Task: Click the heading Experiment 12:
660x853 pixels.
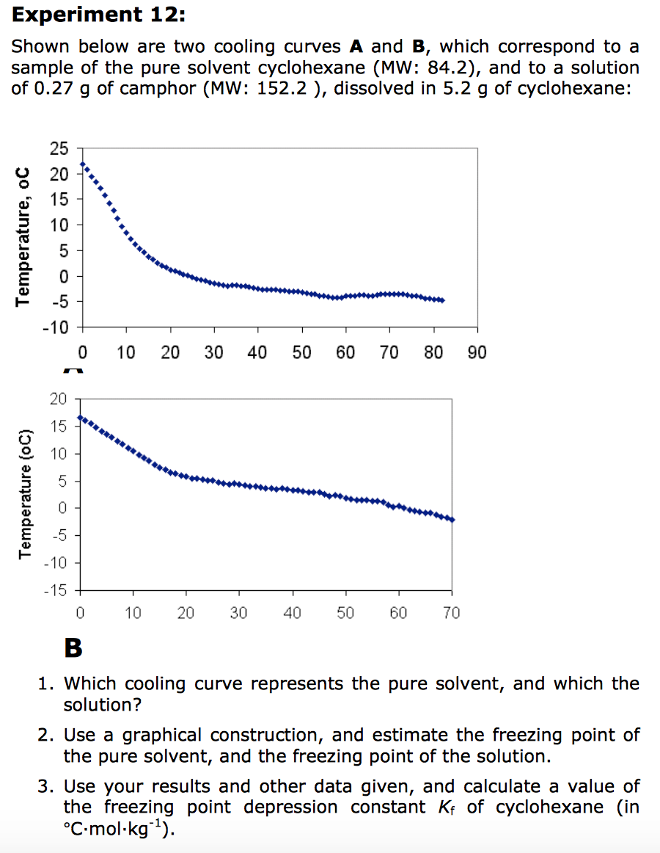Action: pos(78,14)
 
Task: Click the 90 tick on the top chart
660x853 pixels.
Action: pos(477,352)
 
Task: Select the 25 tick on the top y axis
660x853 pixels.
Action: pos(59,150)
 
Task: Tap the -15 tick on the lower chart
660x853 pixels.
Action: pos(58,591)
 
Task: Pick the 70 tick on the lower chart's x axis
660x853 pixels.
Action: pos(452,613)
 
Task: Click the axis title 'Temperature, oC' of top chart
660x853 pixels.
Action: pos(24,235)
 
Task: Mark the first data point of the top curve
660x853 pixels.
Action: pos(83,164)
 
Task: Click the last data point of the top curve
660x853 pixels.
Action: pos(442,300)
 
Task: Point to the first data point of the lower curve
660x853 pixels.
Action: pos(80,418)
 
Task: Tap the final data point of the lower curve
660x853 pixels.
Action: pos(452,520)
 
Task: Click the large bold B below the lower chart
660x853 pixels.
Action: pos(73,648)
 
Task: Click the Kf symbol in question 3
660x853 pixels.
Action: pos(436,807)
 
